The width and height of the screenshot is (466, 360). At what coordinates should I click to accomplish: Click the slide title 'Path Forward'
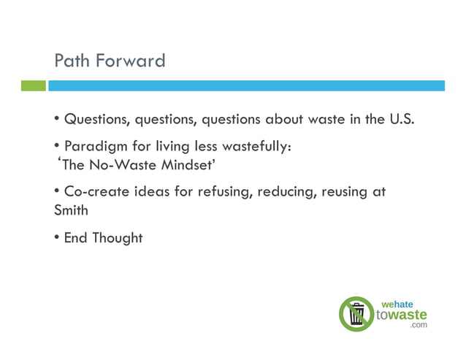110,60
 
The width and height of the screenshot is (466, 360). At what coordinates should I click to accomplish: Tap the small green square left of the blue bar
33,85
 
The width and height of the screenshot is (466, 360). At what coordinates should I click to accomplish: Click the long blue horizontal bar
246,85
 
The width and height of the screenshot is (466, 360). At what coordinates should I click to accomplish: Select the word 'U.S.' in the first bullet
400,118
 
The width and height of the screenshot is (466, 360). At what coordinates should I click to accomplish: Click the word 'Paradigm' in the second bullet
93,146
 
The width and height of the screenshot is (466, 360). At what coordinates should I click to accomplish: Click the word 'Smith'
72,210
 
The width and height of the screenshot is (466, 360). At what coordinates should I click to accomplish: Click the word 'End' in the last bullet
76,237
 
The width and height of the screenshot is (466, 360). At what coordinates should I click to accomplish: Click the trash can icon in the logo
356,314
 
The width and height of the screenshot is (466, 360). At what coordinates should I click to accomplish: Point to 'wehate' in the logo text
397,303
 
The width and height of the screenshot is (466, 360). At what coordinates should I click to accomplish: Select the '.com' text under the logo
418,326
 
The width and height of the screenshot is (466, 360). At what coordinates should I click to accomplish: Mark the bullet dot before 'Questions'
57,119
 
